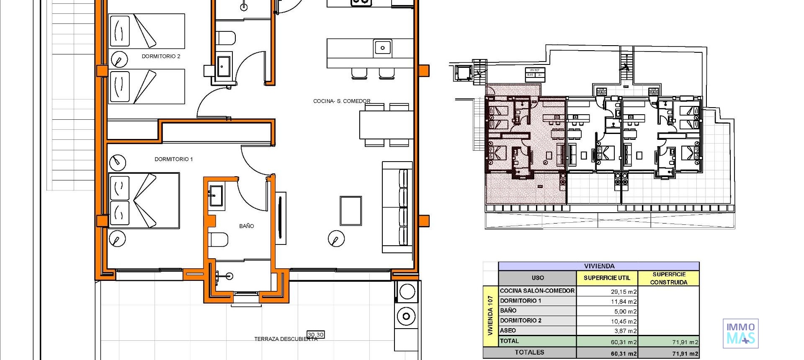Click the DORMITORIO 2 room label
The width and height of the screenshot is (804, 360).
point(161,56)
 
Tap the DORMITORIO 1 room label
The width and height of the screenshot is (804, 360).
point(173,159)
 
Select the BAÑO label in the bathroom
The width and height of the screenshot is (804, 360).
point(246,226)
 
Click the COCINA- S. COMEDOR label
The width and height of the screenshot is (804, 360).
point(342,101)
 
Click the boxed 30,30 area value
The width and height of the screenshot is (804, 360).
point(316,334)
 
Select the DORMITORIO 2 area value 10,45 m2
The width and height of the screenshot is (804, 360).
point(624,321)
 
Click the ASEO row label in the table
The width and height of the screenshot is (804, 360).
point(508,330)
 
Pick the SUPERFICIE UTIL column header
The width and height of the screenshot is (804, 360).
point(607,278)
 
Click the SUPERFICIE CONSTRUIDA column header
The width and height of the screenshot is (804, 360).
point(669,278)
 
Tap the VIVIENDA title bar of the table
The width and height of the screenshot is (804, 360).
point(599,266)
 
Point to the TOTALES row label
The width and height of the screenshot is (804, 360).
point(529,352)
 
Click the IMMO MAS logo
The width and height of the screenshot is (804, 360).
point(740,333)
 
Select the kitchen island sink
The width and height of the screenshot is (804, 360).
point(382,48)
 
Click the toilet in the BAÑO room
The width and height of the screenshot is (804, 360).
point(219,240)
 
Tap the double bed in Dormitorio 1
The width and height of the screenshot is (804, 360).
point(144,200)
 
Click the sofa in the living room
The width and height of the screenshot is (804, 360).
point(397,207)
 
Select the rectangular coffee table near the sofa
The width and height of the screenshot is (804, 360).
point(350,211)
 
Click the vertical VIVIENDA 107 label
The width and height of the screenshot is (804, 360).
point(490,316)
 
